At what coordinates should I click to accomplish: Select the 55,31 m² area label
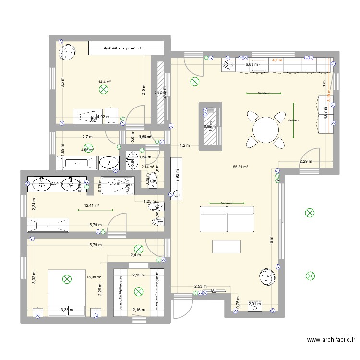[x=240, y=167]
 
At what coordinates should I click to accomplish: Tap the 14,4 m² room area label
[x=105, y=82]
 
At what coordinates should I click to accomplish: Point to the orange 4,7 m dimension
[x=277, y=60]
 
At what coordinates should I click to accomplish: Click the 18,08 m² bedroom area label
[x=94, y=277]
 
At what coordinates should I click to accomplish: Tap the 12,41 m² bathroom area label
[x=91, y=206]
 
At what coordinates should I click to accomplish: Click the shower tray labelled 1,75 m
[x=114, y=183]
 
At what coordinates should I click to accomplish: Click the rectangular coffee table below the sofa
[x=227, y=246]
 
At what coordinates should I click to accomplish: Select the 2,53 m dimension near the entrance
[x=200, y=287]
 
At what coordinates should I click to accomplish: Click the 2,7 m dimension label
[x=87, y=137]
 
